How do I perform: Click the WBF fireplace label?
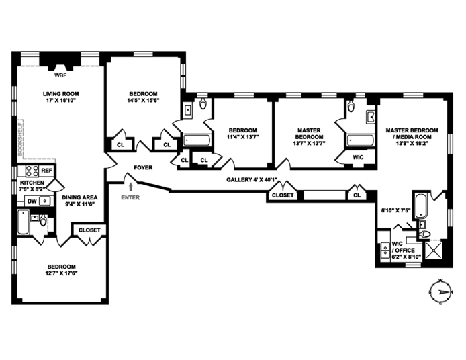click(59, 75)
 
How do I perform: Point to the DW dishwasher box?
click(32, 200)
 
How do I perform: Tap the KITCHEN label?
click(32, 183)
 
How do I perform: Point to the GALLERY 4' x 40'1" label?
click(252, 179)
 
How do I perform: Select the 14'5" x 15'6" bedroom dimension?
click(143, 101)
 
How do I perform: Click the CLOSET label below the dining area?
click(89, 230)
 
